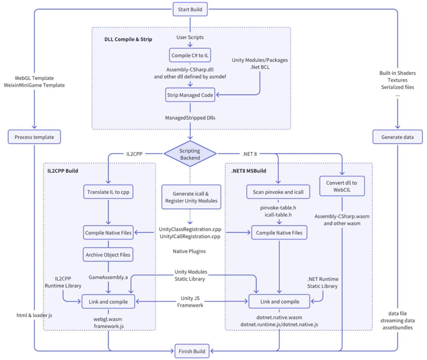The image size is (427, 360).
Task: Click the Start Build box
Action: coord(190,9)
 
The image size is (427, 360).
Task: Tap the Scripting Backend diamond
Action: coord(190,153)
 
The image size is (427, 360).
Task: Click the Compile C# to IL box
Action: coord(190,55)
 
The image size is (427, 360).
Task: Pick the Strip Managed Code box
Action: coord(190,94)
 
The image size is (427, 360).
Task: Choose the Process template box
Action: coord(34,137)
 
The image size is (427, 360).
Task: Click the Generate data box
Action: coord(397,137)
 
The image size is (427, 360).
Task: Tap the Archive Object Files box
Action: coord(108,255)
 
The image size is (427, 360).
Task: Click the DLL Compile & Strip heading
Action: coord(128,39)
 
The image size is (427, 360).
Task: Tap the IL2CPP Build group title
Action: coord(59,171)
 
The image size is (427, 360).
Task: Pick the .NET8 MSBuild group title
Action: coord(249,171)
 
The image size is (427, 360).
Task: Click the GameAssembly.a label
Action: coord(108,277)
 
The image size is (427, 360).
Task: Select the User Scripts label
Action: coord(190,37)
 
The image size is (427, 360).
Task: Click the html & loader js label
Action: coord(34,315)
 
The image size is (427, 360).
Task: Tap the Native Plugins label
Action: coord(190,251)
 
